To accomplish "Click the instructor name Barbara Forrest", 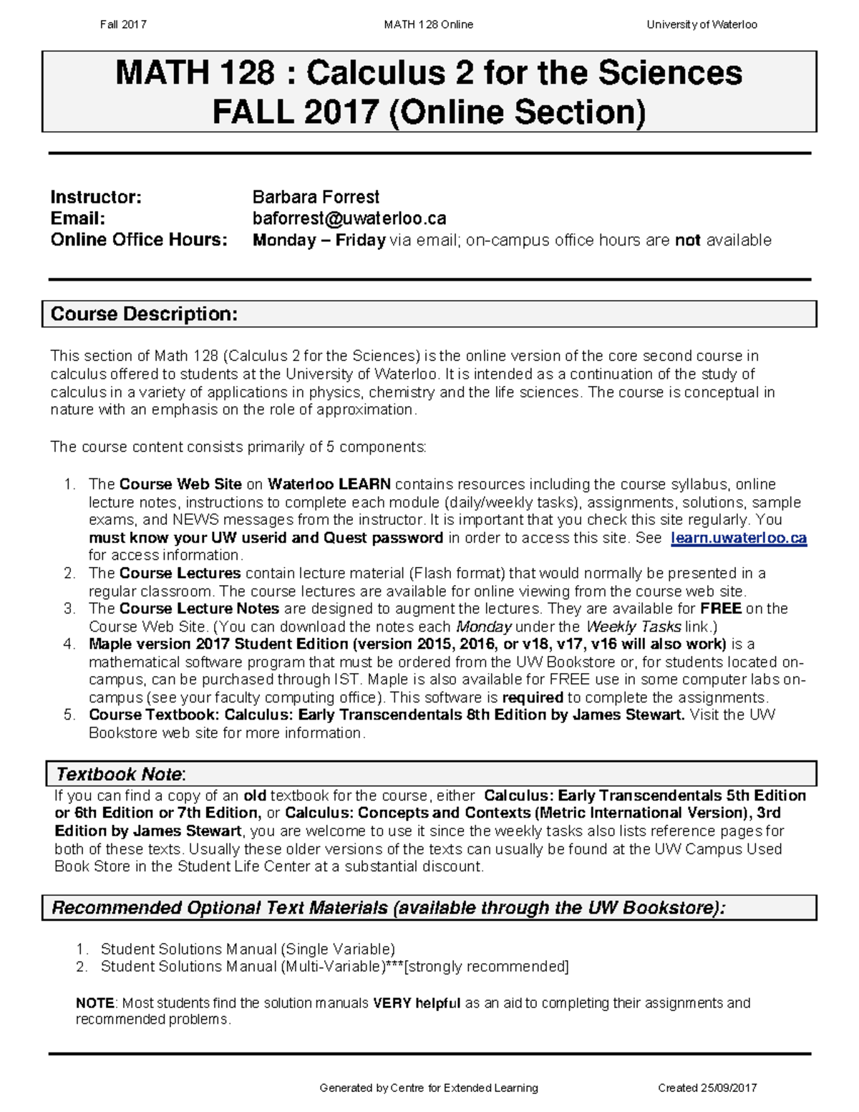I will click(x=316, y=197).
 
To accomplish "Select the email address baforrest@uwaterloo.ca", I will click(x=349, y=218).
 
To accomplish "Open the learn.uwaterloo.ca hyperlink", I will click(x=739, y=538).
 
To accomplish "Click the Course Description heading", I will click(x=144, y=314).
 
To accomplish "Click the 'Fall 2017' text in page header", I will click(x=123, y=24).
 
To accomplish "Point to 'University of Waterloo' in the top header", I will click(x=702, y=24).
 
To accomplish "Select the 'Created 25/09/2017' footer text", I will click(x=707, y=1088).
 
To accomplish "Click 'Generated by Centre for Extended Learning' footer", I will click(x=428, y=1088).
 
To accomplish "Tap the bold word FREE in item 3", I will click(x=720, y=609).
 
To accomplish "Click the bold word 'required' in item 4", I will click(x=533, y=697).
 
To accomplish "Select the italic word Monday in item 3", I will click(x=484, y=627).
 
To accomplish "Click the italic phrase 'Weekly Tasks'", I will click(x=633, y=627).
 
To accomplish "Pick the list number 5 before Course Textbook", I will click(x=69, y=715).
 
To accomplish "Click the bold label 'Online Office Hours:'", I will click(x=139, y=240).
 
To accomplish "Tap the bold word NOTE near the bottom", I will click(x=94, y=1003).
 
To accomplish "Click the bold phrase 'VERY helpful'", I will click(x=417, y=1003).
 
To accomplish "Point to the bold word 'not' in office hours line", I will click(x=687, y=240).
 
